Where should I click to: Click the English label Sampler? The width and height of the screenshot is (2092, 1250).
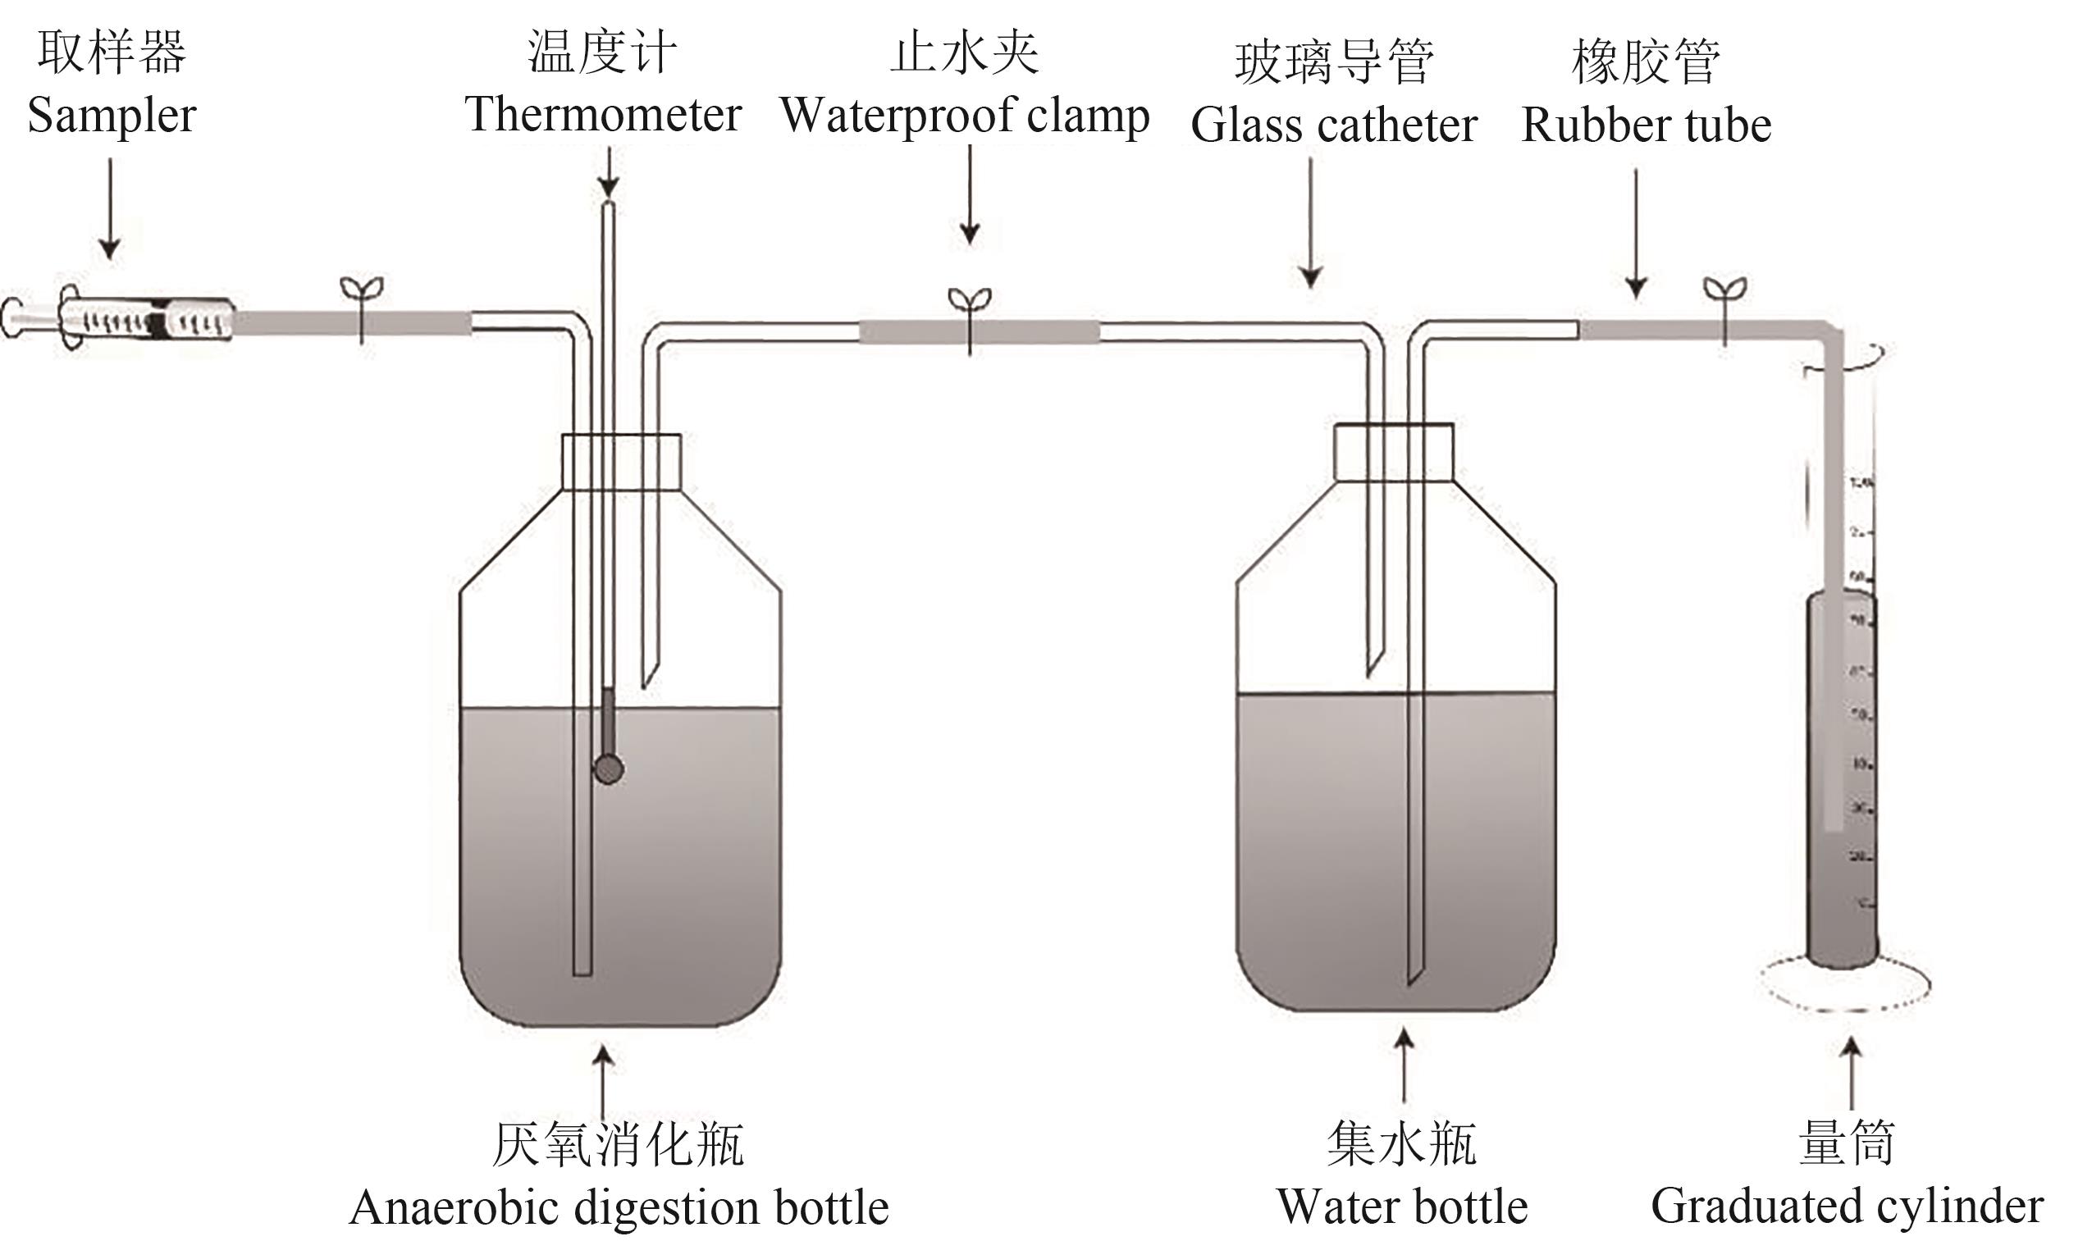click(x=112, y=116)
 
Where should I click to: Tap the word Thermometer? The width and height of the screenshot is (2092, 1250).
click(x=603, y=115)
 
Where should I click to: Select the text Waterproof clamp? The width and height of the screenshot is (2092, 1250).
click(x=965, y=116)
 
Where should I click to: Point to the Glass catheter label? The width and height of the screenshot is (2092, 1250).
click(x=1334, y=125)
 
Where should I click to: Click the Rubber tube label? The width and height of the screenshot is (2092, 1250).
click(x=1647, y=125)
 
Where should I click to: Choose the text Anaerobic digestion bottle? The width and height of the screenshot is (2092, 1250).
click(x=619, y=1208)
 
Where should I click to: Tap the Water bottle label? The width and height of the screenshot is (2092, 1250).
click(x=1402, y=1207)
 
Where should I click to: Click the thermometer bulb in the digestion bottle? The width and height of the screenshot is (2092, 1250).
click(x=608, y=769)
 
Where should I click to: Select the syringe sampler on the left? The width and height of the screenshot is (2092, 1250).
click(x=118, y=319)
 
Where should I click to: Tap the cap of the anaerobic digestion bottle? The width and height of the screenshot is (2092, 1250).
click(x=621, y=461)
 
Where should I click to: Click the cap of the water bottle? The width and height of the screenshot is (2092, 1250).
click(x=1394, y=451)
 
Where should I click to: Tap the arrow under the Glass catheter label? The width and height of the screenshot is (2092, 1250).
click(x=1310, y=223)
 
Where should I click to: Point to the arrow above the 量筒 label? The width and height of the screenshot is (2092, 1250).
click(x=1851, y=1073)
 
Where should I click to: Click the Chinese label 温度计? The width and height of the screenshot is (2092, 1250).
click(x=601, y=52)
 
